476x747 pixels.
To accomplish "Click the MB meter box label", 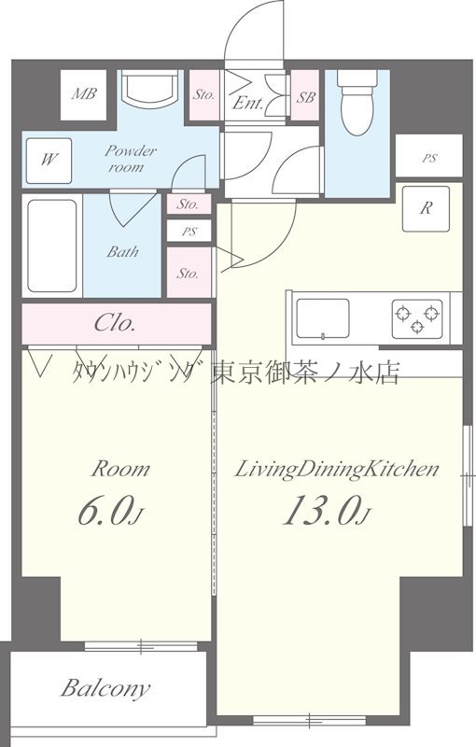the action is tap(84, 93).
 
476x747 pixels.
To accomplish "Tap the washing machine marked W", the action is tap(49, 161).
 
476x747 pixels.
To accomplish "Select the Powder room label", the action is tap(130, 159).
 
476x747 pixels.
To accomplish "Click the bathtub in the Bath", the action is tap(52, 246).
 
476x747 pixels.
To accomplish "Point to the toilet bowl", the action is tap(357, 103).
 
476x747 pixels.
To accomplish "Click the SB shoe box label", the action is tap(305, 97).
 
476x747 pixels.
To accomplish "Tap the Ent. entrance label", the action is tap(247, 103).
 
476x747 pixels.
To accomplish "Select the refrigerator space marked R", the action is tap(426, 209).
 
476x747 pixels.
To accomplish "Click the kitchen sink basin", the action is tap(323, 318).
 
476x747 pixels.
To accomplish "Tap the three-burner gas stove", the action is tap(417, 318).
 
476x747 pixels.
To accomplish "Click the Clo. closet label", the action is tap(115, 323).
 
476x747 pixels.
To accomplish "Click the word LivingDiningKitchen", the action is tap(337, 470).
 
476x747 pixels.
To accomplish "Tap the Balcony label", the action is tap(105, 689).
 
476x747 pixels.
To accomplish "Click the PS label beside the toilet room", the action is tap(429, 158).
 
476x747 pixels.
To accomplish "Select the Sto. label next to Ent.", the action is tap(203, 94).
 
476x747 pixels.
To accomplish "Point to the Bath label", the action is tap(122, 251).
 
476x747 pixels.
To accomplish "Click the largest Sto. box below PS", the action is tap(189, 273).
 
